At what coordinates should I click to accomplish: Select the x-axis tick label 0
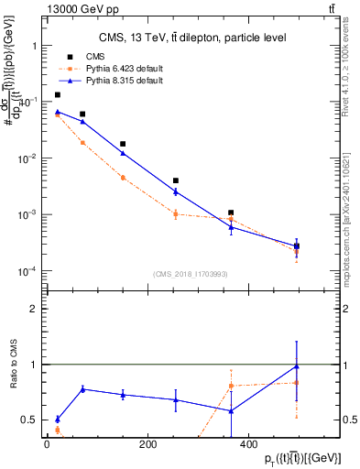tap(47, 445)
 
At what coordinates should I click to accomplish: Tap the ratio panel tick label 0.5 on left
tap(29, 420)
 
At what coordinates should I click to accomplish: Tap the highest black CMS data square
tap(58, 94)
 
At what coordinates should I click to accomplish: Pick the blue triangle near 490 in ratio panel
tap(296, 366)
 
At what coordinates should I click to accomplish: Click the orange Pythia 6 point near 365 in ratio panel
tap(231, 386)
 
